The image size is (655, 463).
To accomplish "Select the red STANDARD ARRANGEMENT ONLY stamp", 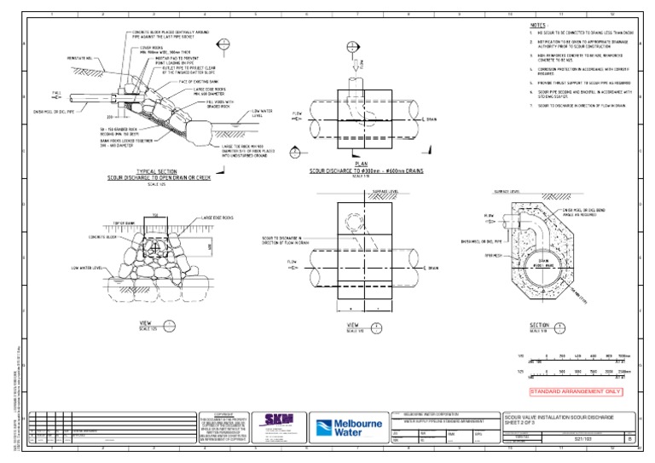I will coord(575,392).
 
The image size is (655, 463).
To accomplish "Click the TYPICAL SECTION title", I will coord(157,171).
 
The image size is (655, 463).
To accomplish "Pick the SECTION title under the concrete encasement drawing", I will coord(539,325).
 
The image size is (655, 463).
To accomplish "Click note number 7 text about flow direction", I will coord(580,105).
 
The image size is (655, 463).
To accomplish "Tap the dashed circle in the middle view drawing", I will coord(355,221).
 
